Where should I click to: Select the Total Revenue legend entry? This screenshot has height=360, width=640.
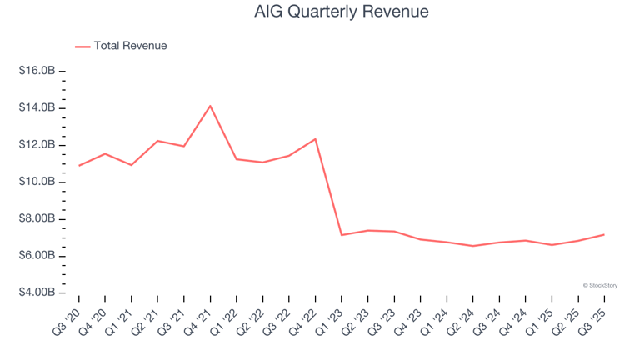pyautogui.click(x=130, y=46)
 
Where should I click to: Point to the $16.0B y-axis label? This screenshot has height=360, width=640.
pyautogui.click(x=37, y=72)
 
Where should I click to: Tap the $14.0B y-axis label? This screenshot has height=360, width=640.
pyautogui.click(x=37, y=108)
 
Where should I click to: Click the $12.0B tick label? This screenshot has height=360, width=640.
pyautogui.click(x=37, y=145)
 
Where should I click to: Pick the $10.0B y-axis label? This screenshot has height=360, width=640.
pyautogui.click(x=37, y=182)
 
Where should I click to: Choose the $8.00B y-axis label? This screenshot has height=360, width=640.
pyautogui.click(x=37, y=219)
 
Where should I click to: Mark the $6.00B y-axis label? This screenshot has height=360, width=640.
pyautogui.click(x=37, y=256)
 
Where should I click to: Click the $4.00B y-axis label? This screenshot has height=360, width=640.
pyautogui.click(x=37, y=292)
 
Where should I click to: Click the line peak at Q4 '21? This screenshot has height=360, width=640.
pyautogui.click(x=210, y=106)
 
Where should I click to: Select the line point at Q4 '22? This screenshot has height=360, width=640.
pyautogui.click(x=315, y=139)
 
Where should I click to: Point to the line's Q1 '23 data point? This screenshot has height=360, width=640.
pyautogui.click(x=342, y=235)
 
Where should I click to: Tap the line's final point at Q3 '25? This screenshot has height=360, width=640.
pyautogui.click(x=604, y=234)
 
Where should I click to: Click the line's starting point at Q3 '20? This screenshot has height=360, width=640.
pyautogui.click(x=79, y=165)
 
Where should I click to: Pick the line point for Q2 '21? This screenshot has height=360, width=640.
pyautogui.click(x=157, y=141)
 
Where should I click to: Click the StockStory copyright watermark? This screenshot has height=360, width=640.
pyautogui.click(x=600, y=285)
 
